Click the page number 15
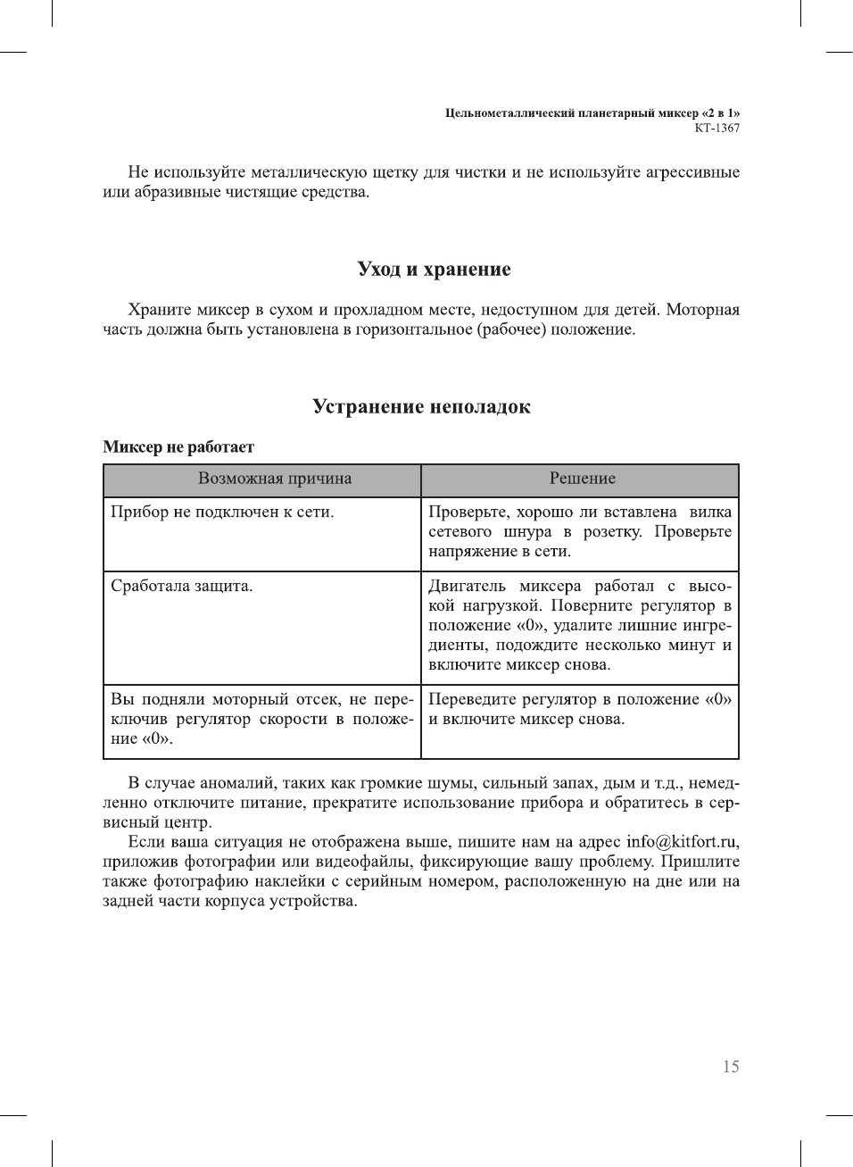pyautogui.click(x=730, y=1066)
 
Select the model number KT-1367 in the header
pyautogui.click(x=716, y=128)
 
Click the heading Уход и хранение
pyautogui.click(x=434, y=269)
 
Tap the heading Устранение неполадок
pyautogui.click(x=421, y=406)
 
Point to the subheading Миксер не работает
pyautogui.click(x=178, y=446)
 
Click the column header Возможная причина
pyautogui.click(x=275, y=479)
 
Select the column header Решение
pyautogui.click(x=582, y=479)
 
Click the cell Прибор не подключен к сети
pyautogui.click(x=222, y=512)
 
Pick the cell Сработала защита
pyautogui.click(x=181, y=586)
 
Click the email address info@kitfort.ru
pyautogui.click(x=682, y=842)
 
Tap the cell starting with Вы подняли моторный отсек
pyautogui.click(x=261, y=719)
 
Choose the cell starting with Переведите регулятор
pyautogui.click(x=579, y=709)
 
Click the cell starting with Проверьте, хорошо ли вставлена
pyautogui.click(x=579, y=531)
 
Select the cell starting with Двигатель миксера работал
pyautogui.click(x=579, y=625)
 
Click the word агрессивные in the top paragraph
pyautogui.click(x=692, y=172)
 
